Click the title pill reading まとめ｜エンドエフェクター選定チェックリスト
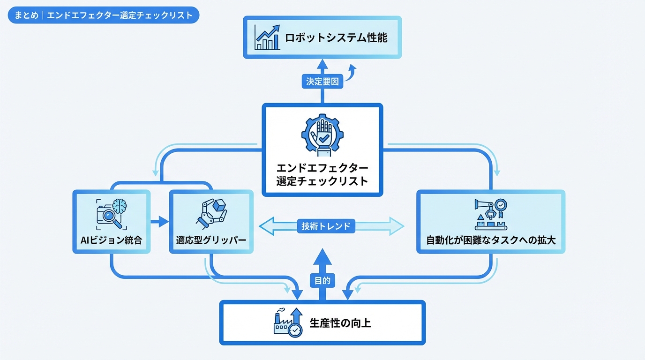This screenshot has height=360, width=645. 104,15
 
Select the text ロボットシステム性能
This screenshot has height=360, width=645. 336,37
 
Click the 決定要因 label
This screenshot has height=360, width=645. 322,81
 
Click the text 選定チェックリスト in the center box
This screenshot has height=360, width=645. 322,181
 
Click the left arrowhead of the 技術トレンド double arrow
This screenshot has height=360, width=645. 266,226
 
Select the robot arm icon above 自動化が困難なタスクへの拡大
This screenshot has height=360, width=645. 490,213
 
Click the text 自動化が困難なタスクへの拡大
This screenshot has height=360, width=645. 490,241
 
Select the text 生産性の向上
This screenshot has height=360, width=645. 340,322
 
